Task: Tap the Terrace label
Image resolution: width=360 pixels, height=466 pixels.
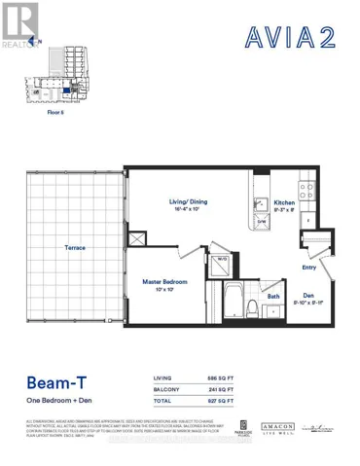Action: click(x=75, y=248)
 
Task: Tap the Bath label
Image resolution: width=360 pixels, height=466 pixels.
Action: click(x=275, y=298)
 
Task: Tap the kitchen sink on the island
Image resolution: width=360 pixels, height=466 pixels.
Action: click(x=262, y=205)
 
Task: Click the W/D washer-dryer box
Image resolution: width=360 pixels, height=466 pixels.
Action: click(x=222, y=260)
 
